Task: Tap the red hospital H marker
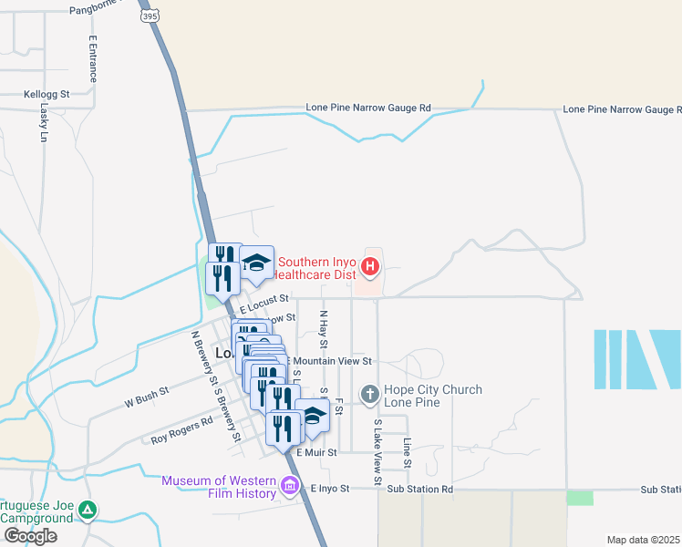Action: (370, 267)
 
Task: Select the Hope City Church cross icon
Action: (369, 394)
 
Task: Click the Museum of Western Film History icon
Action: (291, 485)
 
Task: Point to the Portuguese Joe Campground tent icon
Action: (87, 510)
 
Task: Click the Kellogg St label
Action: (46, 95)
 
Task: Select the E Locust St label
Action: (264, 298)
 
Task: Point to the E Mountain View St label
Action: (331, 362)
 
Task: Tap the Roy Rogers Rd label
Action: (181, 429)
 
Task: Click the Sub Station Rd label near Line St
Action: (419, 490)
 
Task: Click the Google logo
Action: (30, 535)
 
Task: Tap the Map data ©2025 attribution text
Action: (642, 540)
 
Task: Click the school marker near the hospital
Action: (257, 265)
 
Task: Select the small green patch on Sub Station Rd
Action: (579, 498)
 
